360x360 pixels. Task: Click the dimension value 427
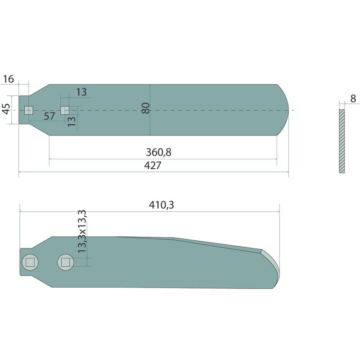pyautogui.click(x=153, y=165)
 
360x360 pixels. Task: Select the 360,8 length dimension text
pyautogui.click(x=159, y=152)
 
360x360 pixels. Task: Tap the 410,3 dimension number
pyautogui.click(x=162, y=205)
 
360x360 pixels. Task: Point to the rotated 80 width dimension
pyautogui.click(x=145, y=108)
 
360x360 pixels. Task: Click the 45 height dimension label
pyautogui.click(x=6, y=109)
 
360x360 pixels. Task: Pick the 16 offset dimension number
pyautogui.click(x=9, y=79)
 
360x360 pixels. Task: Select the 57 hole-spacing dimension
pyautogui.click(x=49, y=116)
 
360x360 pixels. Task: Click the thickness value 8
pyautogui.click(x=353, y=99)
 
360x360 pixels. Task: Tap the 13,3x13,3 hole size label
pyautogui.click(x=82, y=231)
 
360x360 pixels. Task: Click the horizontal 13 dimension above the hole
pyautogui.click(x=81, y=92)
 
